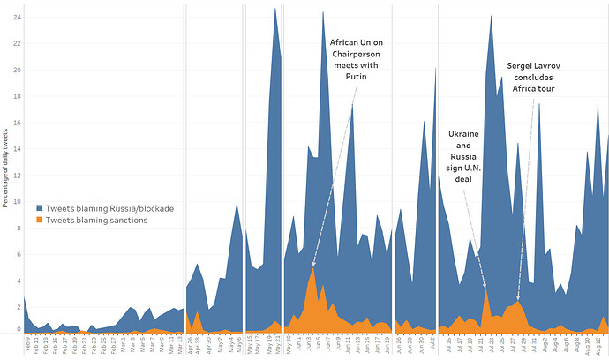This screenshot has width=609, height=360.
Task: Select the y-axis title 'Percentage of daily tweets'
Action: tap(5, 168)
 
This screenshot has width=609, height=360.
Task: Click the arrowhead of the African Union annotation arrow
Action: tap(313, 265)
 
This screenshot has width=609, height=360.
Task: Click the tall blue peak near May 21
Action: tap(275, 11)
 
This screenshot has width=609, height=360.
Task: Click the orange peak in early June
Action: tap(312, 267)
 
